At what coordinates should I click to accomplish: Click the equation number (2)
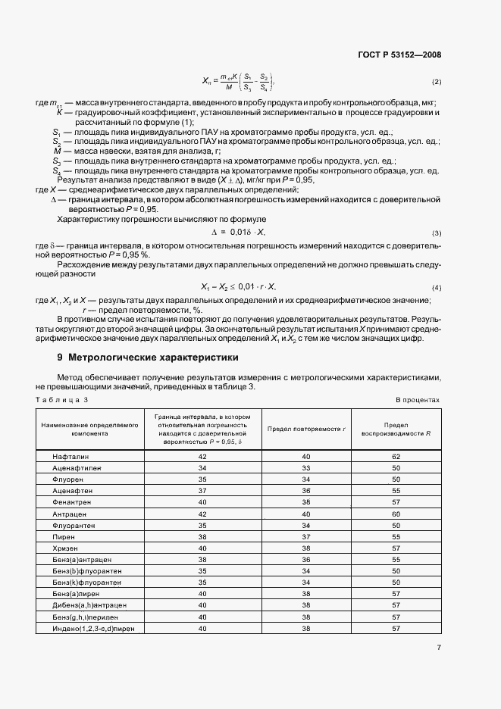436,81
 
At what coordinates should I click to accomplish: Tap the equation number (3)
436,233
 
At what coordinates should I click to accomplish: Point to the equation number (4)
436,288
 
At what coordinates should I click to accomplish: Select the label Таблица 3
62,399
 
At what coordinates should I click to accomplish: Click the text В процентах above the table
418,399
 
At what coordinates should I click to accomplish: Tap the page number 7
439,647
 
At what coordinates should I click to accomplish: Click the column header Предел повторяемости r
306,429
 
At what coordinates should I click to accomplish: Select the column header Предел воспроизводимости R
396,429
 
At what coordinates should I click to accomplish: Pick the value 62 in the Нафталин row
396,457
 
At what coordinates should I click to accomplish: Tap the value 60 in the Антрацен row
396,514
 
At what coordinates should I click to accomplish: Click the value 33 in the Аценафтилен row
306,468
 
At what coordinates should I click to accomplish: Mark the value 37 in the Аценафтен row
202,491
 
